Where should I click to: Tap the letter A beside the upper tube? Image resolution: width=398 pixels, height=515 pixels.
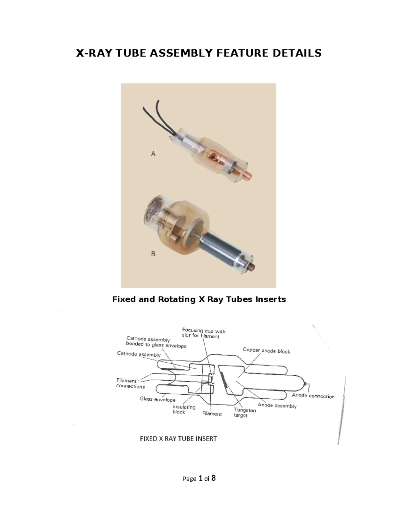(x=153, y=154)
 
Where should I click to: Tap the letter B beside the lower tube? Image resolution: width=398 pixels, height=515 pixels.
(x=153, y=254)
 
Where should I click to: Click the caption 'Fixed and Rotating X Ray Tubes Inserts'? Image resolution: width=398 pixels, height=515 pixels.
(x=199, y=299)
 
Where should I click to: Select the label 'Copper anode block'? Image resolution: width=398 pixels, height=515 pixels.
(x=266, y=351)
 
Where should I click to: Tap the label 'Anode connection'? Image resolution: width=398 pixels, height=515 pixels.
(x=313, y=396)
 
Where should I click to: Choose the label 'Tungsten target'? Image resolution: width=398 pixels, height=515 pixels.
(x=245, y=413)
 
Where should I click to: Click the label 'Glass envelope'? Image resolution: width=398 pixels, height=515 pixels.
(x=158, y=399)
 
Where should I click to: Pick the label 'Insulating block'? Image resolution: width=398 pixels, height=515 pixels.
(x=184, y=410)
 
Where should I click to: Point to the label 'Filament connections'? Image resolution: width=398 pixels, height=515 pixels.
(x=130, y=384)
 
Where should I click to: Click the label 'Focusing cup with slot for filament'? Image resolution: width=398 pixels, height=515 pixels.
(x=203, y=333)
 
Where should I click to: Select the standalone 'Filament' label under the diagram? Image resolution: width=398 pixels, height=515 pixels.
(x=212, y=414)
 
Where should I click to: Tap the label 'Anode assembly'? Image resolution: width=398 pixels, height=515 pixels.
(x=277, y=406)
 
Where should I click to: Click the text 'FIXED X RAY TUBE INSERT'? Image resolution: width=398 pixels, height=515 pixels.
(x=178, y=439)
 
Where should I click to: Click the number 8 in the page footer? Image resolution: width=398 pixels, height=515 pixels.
(x=213, y=478)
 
